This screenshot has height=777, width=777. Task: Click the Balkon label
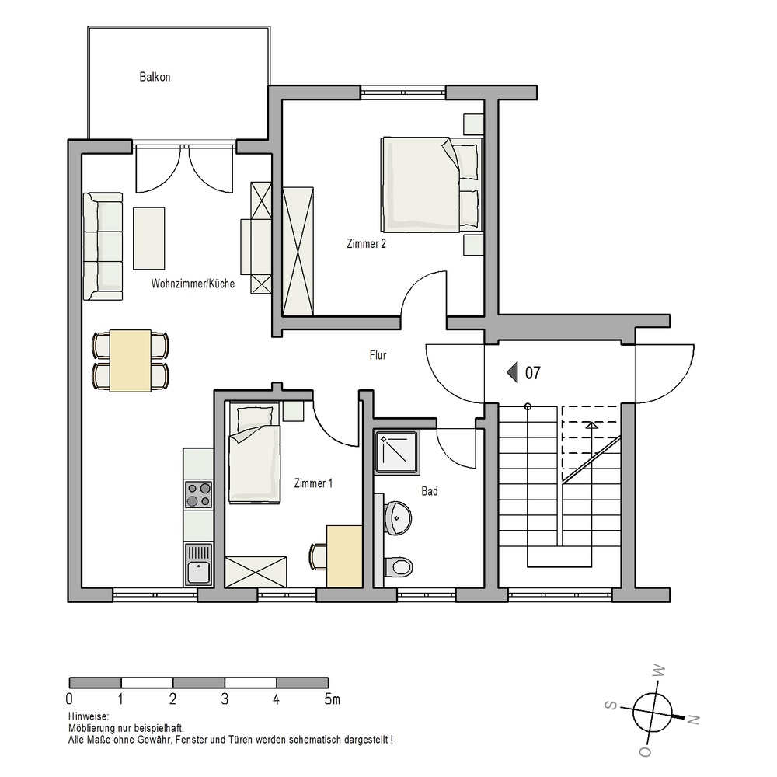(x=155, y=77)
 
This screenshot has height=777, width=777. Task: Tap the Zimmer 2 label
(x=366, y=243)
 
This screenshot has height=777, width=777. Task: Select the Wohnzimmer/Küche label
(x=193, y=284)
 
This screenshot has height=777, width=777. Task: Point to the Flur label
(x=378, y=355)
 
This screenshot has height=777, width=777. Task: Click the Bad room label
(x=430, y=490)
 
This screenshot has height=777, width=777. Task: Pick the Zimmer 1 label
(x=313, y=483)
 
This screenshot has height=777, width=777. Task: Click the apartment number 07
(x=533, y=373)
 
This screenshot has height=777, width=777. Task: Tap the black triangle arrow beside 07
(x=512, y=372)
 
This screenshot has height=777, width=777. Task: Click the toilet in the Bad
(x=399, y=566)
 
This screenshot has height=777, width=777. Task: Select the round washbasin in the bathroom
(x=398, y=517)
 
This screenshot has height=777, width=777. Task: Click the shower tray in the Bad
(x=396, y=451)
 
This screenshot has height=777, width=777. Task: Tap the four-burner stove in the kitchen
(x=198, y=494)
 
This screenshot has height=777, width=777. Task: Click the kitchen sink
(x=198, y=565)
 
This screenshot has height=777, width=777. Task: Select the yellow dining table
(x=131, y=361)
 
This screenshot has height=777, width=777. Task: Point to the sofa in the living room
(x=103, y=246)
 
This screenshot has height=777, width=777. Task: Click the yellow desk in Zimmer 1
(x=344, y=556)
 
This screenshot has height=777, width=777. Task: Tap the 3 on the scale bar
(x=225, y=699)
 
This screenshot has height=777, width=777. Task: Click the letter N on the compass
(x=694, y=719)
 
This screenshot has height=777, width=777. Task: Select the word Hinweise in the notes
(x=89, y=716)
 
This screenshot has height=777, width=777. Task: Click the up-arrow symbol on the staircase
(x=591, y=425)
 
